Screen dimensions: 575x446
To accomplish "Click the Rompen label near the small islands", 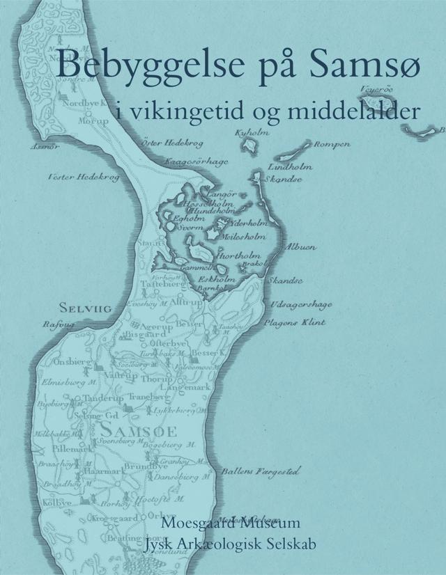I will [332, 144].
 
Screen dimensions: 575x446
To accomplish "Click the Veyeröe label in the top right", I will [378, 88].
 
